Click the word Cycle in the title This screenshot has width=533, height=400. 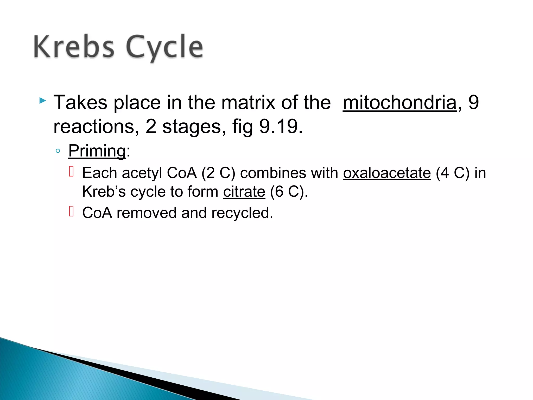164,47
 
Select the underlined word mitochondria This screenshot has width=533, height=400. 399,103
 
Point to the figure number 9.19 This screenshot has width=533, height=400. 281,127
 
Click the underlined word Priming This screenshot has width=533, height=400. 97,151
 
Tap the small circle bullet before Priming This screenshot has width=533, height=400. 58,151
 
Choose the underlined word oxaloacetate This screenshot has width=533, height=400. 387,173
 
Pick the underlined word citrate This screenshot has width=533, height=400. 244,192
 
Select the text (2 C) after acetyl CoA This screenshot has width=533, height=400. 218,173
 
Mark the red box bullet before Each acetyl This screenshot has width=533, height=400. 72,172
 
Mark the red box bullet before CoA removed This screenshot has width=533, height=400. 72,211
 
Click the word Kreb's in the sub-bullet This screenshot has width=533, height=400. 104,192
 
